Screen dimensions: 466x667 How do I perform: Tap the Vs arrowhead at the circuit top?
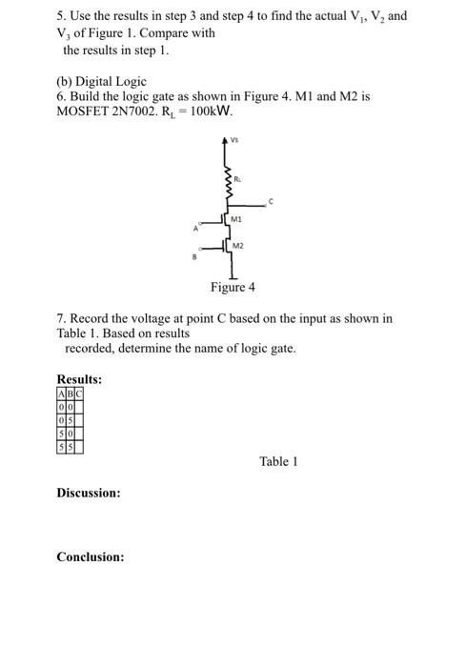227,142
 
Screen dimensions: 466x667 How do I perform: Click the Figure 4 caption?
233,287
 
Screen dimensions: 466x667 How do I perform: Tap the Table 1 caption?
278,461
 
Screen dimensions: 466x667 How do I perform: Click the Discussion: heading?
88,493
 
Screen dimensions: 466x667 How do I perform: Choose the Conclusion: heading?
90,556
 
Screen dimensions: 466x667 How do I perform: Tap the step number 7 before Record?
60,318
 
